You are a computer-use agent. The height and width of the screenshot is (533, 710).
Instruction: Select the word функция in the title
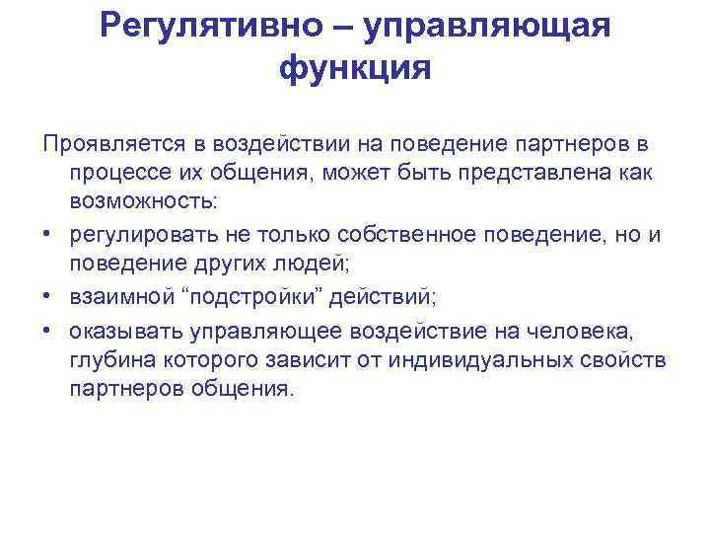click(x=356, y=69)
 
